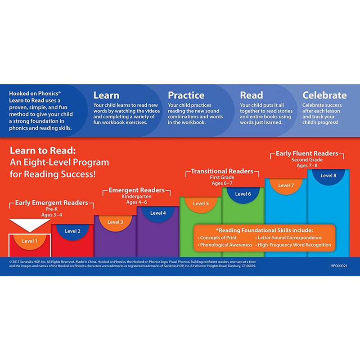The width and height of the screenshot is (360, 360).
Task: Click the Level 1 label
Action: click(x=30, y=241)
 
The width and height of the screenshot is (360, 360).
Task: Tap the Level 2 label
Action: click(x=72, y=231)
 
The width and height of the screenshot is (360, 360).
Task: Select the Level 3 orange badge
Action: click(x=115, y=222)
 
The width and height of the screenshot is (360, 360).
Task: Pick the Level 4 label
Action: click(x=158, y=213)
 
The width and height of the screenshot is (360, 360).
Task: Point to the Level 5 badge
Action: click(x=201, y=203)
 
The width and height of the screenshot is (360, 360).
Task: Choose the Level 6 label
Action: click(x=243, y=194)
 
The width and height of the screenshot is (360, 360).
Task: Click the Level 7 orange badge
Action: click(x=286, y=185)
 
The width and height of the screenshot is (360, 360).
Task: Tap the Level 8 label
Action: click(x=328, y=175)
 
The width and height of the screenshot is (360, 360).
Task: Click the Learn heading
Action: click(x=106, y=95)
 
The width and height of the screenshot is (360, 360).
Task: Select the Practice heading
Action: click(x=186, y=95)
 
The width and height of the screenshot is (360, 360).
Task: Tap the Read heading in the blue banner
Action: click(x=251, y=95)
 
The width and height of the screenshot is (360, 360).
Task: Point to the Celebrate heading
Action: click(x=324, y=95)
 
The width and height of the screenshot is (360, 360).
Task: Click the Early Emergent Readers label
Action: click(x=51, y=203)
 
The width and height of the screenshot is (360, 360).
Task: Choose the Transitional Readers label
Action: click(x=222, y=171)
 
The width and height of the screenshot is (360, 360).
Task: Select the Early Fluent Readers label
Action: click(x=307, y=153)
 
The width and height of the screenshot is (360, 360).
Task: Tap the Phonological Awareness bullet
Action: click(x=225, y=245)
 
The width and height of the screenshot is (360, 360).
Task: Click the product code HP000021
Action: click(x=339, y=266)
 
